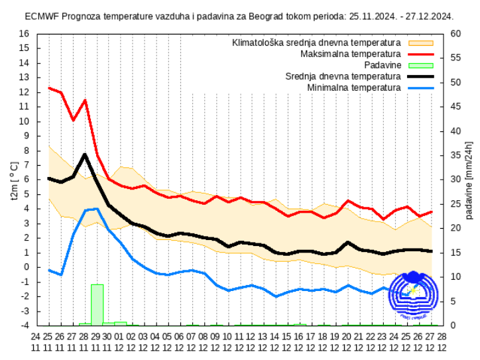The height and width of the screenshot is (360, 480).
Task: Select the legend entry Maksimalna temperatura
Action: pyautogui.click(x=351, y=54)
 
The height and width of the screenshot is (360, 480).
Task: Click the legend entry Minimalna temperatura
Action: pyautogui.click(x=354, y=88)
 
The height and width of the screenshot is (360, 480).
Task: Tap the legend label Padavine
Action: pyautogui.click(x=383, y=65)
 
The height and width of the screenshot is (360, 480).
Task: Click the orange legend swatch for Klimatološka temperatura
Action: pyautogui.click(x=420, y=42)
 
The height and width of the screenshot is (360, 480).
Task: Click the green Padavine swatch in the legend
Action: pyautogui.click(x=420, y=65)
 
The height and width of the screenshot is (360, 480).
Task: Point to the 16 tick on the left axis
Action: pyautogui.click(x=25, y=34)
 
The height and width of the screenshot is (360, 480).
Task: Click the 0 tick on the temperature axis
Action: pyautogui.click(x=27, y=267)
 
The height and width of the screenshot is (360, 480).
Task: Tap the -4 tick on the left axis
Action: pyautogui.click(x=25, y=326)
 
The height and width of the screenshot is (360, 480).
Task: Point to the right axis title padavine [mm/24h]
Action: pyautogui.click(x=469, y=180)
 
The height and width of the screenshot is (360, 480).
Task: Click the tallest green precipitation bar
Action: pyautogui.click(x=97, y=304)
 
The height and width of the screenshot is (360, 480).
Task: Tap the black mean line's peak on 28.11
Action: pyautogui.click(x=85, y=154)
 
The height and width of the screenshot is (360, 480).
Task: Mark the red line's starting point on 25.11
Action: pyautogui.click(x=49, y=88)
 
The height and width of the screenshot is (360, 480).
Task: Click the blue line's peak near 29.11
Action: pyautogui.click(x=97, y=209)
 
